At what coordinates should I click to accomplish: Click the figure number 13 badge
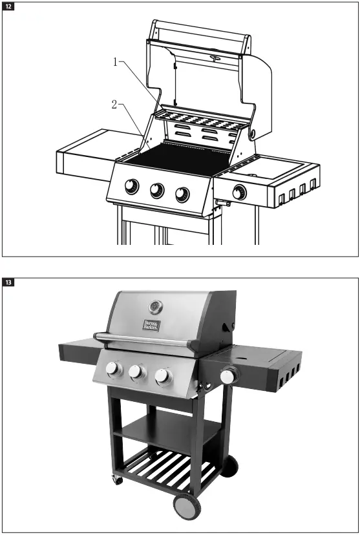tap(8, 282)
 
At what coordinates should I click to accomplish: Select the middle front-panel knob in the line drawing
tap(157, 190)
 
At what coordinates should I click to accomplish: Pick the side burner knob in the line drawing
tap(239, 192)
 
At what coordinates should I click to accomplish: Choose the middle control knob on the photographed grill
tap(136, 372)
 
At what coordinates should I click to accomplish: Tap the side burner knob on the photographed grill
tap(228, 376)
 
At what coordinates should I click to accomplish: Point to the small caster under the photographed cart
tap(117, 481)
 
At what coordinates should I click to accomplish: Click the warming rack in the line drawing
tap(204, 120)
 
